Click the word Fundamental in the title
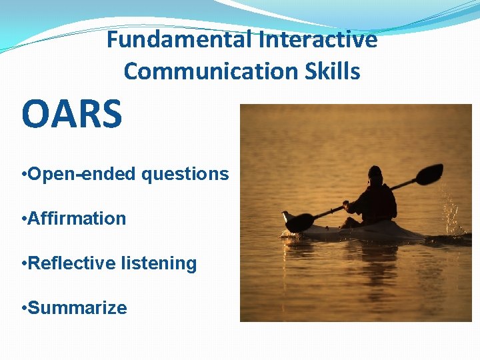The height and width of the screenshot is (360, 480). point(179,40)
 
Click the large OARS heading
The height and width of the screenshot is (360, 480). point(72,114)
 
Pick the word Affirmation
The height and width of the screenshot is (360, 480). point(77,218)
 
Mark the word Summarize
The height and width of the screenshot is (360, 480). point(77,308)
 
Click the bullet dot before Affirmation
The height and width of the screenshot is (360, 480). point(24,219)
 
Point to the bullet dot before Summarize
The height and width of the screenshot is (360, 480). point(24,309)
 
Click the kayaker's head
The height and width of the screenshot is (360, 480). point(375,175)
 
